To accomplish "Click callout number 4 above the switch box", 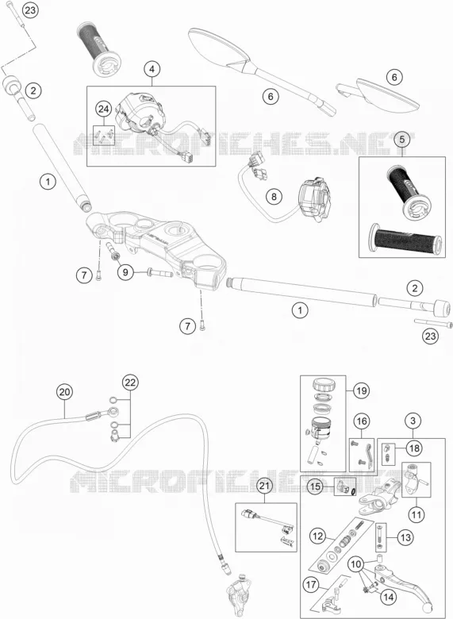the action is [x=152, y=69].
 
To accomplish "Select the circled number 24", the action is [x=103, y=109].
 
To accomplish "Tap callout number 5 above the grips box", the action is [x=402, y=140].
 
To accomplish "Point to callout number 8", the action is [x=274, y=196].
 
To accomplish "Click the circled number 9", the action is [x=125, y=272].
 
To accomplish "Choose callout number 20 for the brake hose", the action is [x=65, y=392].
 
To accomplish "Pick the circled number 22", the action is [x=130, y=383].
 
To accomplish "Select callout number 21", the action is [x=264, y=486].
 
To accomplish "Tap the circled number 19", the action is [x=361, y=391].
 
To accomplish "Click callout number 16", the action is [x=362, y=421].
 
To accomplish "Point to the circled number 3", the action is [x=413, y=421].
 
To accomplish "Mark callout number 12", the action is [x=318, y=536].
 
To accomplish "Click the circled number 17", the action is [x=311, y=584].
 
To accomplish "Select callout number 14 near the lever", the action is [x=388, y=598].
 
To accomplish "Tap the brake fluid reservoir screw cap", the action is [x=324, y=384].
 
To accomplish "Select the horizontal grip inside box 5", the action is [x=405, y=238].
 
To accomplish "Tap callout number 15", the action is [x=315, y=486].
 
